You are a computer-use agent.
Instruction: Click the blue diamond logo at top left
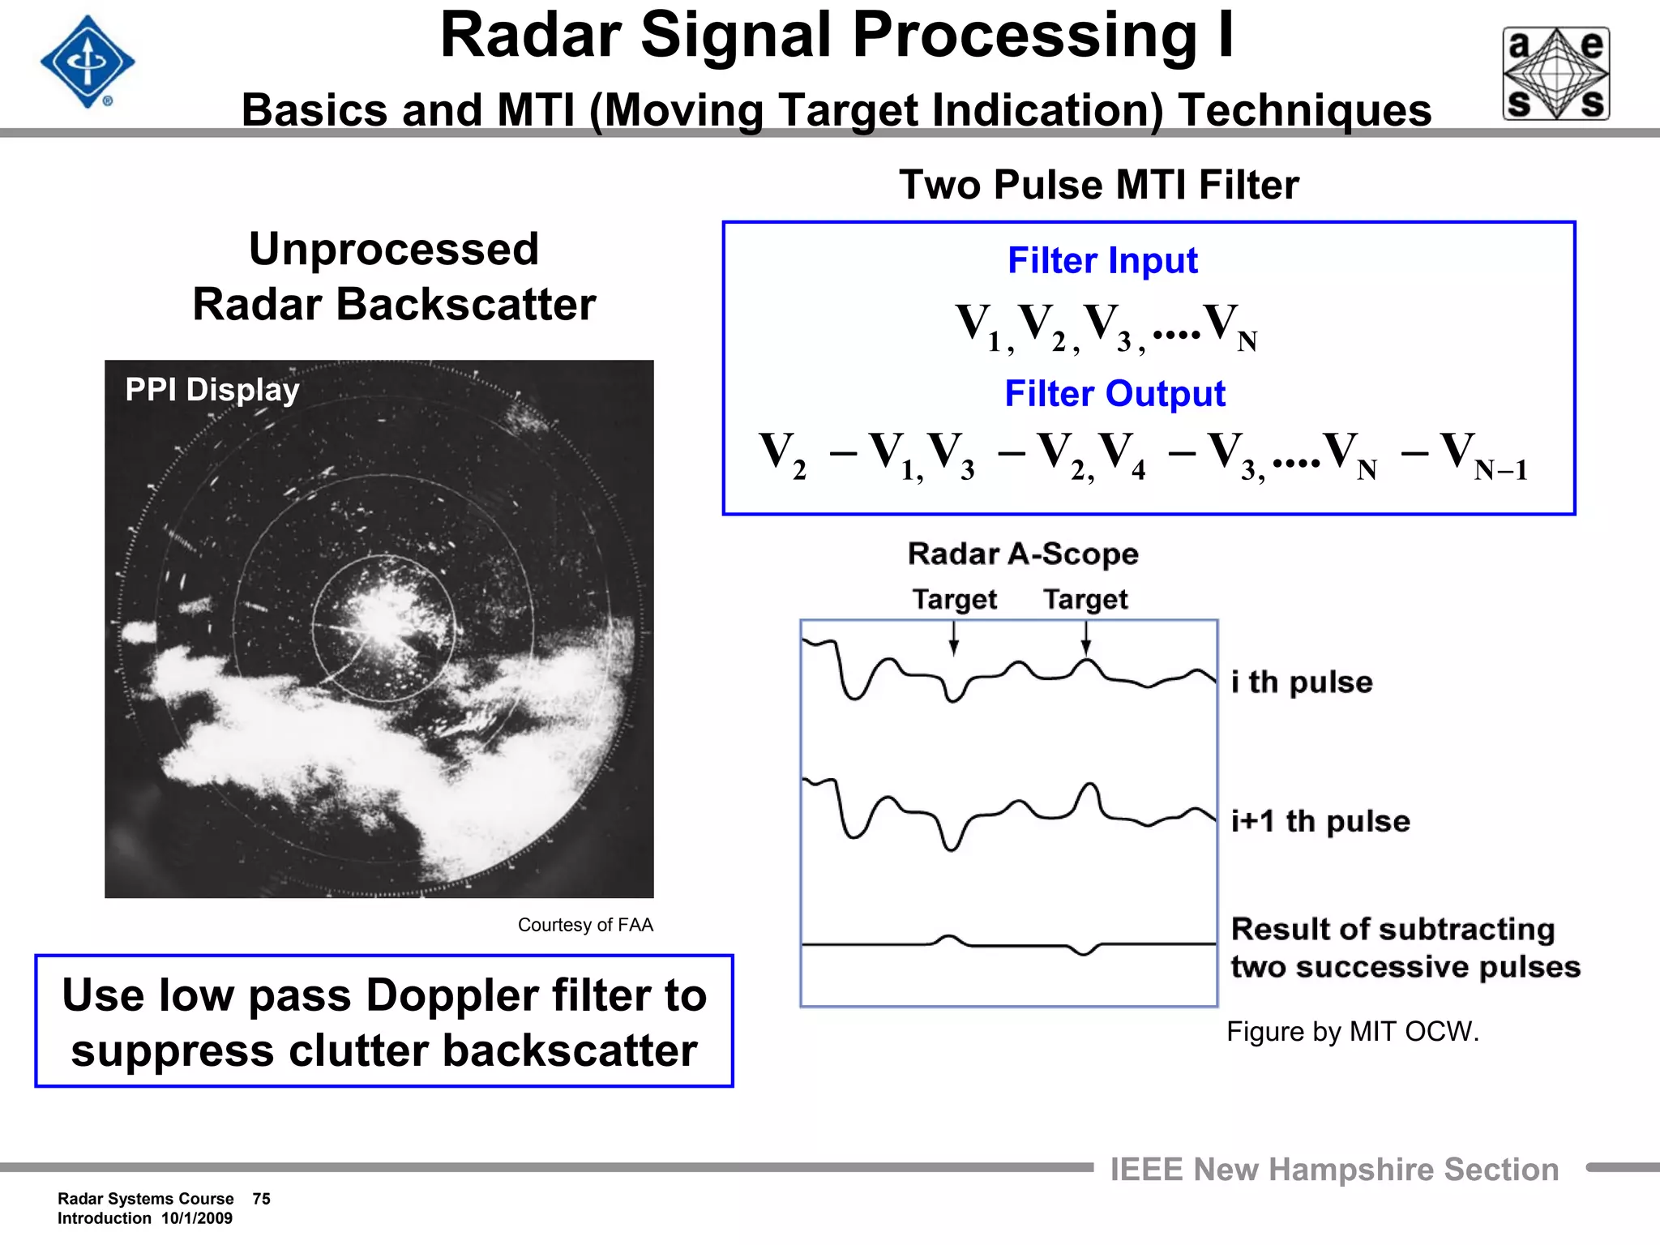[87, 62]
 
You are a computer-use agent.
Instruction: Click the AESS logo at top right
[1556, 74]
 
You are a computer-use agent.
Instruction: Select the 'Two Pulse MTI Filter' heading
[1098, 185]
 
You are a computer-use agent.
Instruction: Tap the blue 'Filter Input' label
[1102, 261]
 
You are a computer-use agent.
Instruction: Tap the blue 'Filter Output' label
[1115, 394]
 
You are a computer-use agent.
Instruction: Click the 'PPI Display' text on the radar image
[212, 390]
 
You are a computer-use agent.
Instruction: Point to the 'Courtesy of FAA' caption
[584, 925]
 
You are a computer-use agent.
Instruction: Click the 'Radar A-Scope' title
[1023, 554]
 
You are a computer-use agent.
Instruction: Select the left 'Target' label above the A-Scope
[954, 600]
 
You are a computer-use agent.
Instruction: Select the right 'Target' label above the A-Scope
[1085, 600]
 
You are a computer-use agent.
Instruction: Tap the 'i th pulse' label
[1302, 682]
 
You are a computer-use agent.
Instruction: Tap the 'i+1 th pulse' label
[1320, 821]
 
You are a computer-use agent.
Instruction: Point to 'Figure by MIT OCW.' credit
[1352, 1032]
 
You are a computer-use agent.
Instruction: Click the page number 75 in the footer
[261, 1199]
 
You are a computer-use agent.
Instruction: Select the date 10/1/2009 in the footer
[197, 1218]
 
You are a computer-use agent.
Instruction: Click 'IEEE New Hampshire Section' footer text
[1334, 1170]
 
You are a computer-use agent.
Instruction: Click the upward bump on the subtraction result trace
[948, 938]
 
